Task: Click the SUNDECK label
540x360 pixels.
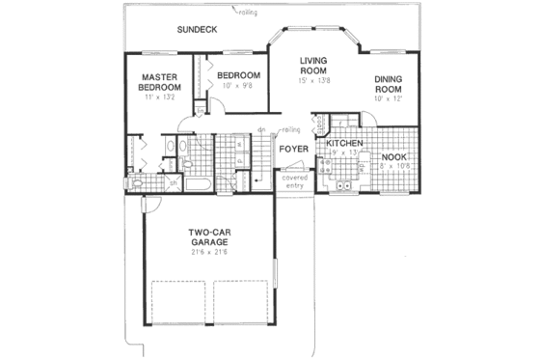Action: [x=197, y=30]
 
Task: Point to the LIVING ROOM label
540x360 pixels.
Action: [x=314, y=65]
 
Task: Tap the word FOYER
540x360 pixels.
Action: [x=292, y=150]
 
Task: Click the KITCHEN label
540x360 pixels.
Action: [x=342, y=143]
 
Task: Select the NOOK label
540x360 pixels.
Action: [x=392, y=156]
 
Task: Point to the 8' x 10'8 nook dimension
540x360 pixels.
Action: [x=393, y=166]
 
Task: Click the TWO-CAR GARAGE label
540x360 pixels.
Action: [x=208, y=237]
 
